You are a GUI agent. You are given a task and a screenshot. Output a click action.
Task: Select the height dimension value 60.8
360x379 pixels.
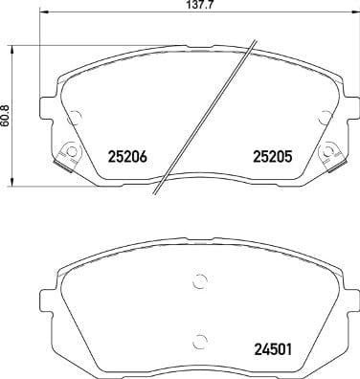(7, 114)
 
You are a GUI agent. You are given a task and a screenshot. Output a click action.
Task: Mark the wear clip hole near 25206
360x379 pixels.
(67, 152)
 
